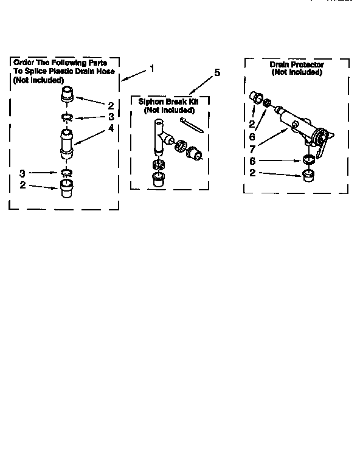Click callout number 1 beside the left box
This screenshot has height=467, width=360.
[152, 68]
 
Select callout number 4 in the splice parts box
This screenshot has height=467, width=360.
[111, 128]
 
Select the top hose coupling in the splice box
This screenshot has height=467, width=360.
[67, 95]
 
